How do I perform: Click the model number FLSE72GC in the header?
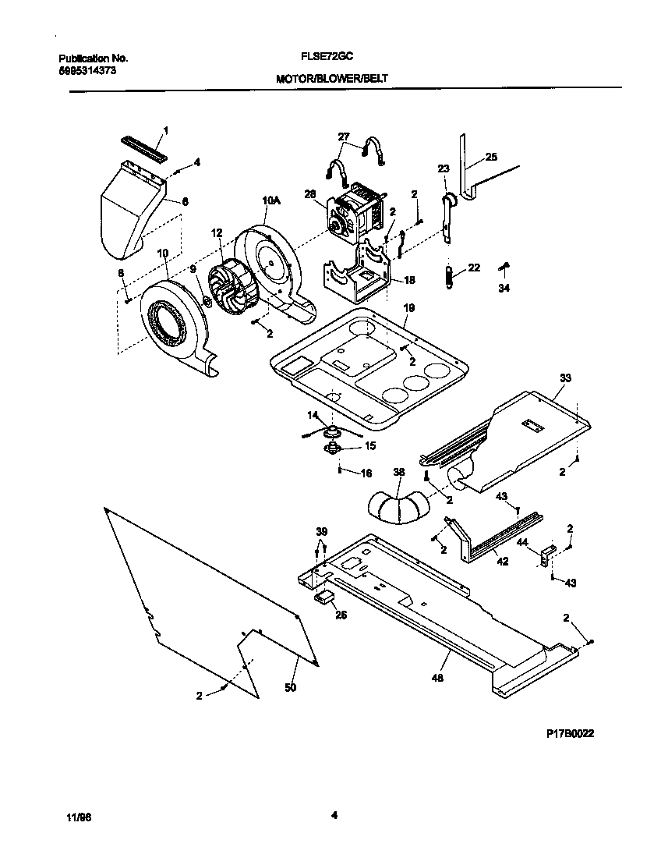coord(328,58)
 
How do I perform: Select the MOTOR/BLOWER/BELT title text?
coord(330,79)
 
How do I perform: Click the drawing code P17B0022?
coord(575,734)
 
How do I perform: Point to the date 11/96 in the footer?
coord(79,817)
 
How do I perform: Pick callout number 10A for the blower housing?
coord(270,201)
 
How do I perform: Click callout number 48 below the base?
coord(437,679)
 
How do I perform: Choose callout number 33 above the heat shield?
coord(564,378)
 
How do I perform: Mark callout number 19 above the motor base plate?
coord(408,309)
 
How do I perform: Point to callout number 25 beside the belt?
coord(491,157)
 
